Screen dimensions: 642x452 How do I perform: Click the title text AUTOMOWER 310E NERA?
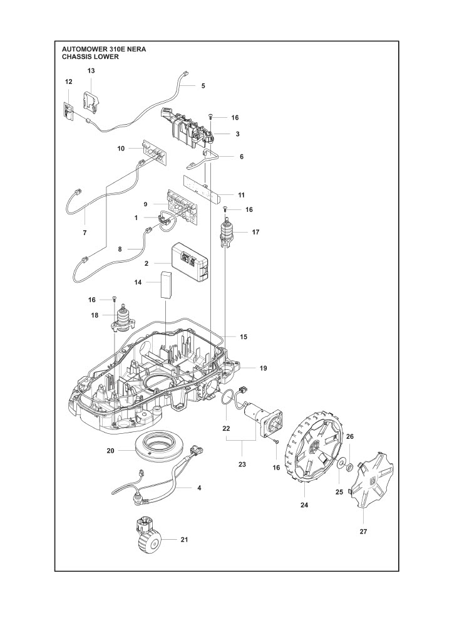105,48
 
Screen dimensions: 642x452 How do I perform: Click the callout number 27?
363,531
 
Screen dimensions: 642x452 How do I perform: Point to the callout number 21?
183,539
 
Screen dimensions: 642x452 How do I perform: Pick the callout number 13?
91,71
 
